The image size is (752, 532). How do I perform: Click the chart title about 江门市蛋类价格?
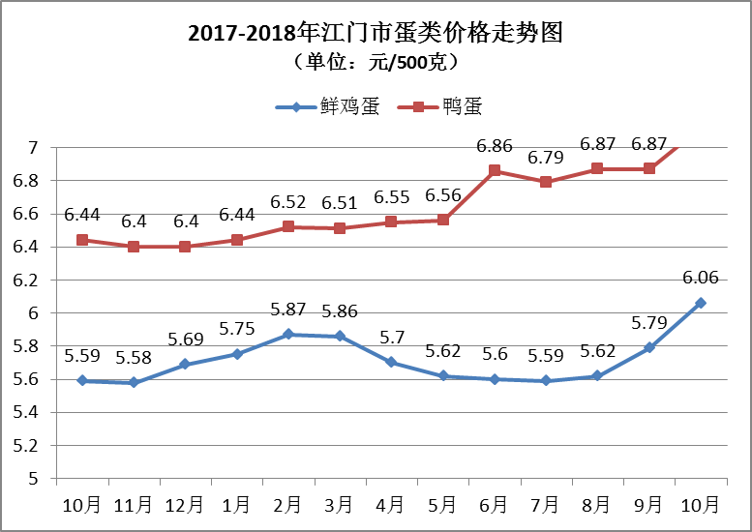pyautogui.click(x=376, y=34)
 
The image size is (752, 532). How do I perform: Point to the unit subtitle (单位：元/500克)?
pyautogui.click(x=376, y=63)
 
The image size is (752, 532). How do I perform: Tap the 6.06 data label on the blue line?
pyautogui.click(x=700, y=278)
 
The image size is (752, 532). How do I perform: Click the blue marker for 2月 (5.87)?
pyautogui.click(x=287, y=334)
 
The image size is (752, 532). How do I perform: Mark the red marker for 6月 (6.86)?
pyautogui.click(x=494, y=170)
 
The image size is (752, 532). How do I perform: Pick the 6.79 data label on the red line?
pyautogui.click(x=546, y=157)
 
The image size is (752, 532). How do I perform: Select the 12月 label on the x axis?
pyautogui.click(x=184, y=505)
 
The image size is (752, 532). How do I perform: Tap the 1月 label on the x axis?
pyautogui.click(x=235, y=505)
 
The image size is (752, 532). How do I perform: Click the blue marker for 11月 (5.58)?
pyautogui.click(x=133, y=382)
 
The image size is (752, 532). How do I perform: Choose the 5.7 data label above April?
pyautogui.click(x=391, y=338)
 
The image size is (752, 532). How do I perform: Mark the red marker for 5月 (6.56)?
pyautogui.click(x=442, y=220)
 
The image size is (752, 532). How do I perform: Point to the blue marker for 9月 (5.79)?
pyautogui.click(x=648, y=347)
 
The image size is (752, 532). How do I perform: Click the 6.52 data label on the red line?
pyautogui.click(x=287, y=202)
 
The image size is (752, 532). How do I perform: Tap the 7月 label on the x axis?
pyautogui.click(x=546, y=505)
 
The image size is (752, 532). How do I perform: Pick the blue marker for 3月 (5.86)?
pyautogui.click(x=339, y=336)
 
